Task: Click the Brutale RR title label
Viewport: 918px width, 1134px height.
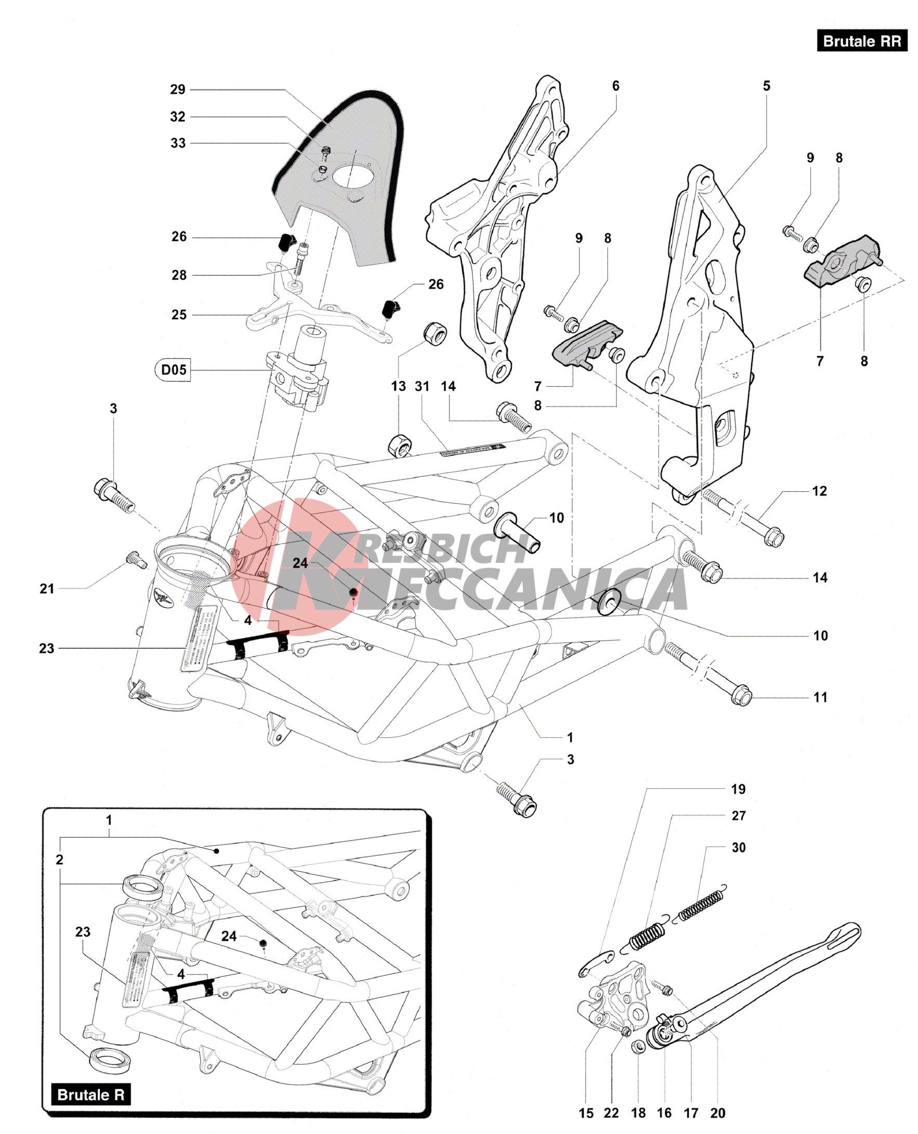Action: click(861, 41)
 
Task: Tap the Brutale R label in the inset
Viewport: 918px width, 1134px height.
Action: click(90, 1094)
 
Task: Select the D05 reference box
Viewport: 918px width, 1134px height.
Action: click(174, 370)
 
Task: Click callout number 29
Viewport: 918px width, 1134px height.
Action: click(178, 89)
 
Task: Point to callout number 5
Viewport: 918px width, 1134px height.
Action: click(766, 86)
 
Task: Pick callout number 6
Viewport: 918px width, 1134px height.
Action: click(615, 86)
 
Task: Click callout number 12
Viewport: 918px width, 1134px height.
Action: click(819, 491)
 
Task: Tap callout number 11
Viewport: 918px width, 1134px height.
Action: click(820, 697)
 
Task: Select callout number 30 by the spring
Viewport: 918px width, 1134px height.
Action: click(738, 848)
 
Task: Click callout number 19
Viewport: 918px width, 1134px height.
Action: click(738, 789)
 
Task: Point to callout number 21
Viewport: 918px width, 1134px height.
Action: click(47, 588)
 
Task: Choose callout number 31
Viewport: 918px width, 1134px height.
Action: click(422, 386)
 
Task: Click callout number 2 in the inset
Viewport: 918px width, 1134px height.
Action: click(60, 859)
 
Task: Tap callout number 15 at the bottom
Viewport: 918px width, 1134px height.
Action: click(586, 1113)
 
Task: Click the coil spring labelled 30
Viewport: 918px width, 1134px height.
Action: click(702, 906)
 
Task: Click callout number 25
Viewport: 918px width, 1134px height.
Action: click(179, 315)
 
